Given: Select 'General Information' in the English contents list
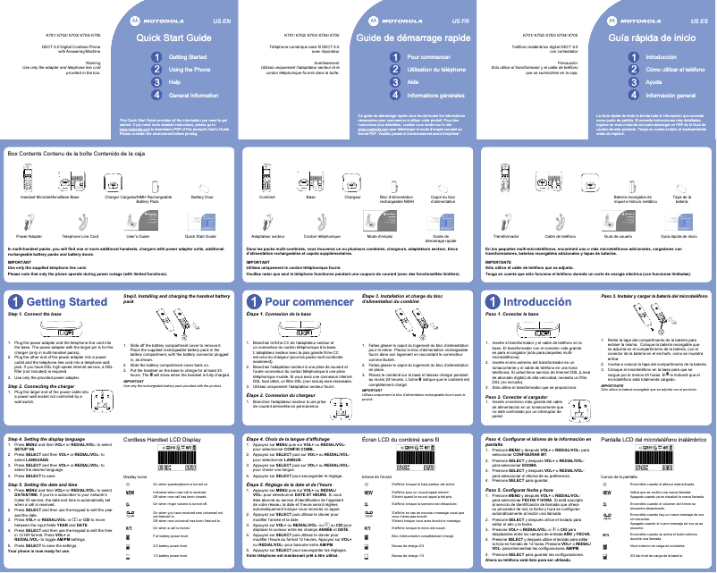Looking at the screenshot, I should point(195,94).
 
